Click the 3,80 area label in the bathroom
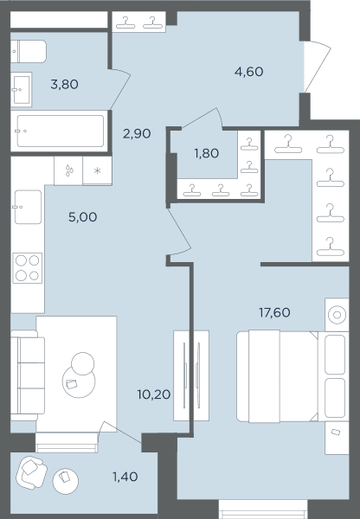(65, 85)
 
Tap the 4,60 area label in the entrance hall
(248, 72)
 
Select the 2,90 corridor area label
(137, 134)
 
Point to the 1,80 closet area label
(206, 153)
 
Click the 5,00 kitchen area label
(83, 217)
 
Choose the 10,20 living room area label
(154, 394)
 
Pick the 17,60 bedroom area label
(274, 312)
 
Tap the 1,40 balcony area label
(125, 477)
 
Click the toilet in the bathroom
(29, 52)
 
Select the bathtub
(60, 131)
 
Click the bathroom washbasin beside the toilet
(21, 89)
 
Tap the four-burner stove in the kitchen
(28, 268)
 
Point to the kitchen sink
(29, 207)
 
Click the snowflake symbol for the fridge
(97, 170)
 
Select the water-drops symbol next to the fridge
(69, 170)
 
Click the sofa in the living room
(28, 375)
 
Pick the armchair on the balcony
(31, 472)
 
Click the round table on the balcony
(66, 482)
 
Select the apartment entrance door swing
(318, 67)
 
